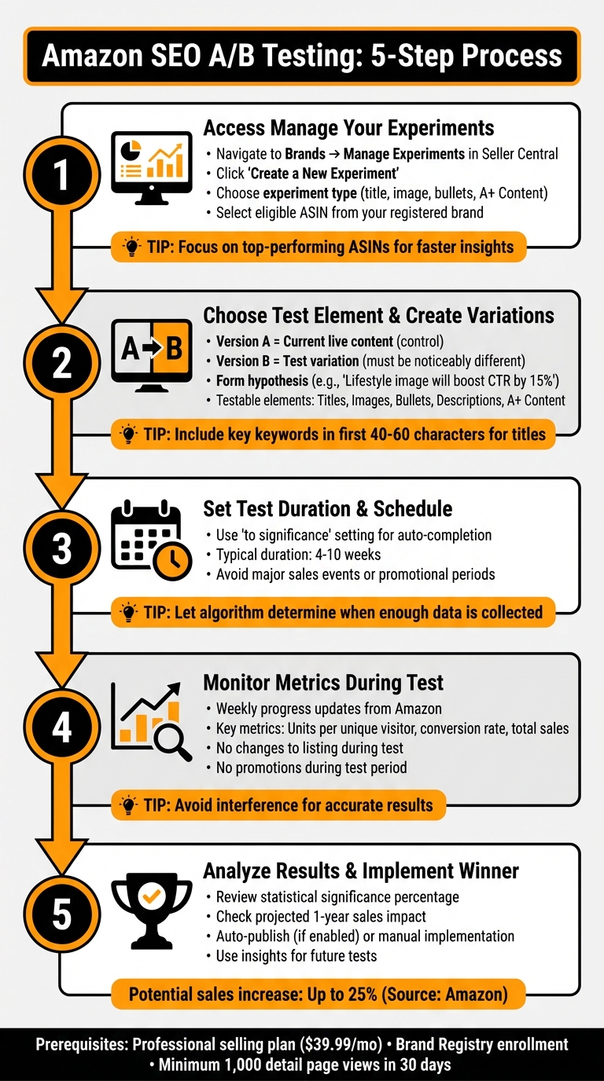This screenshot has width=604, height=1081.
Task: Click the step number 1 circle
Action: [62, 174]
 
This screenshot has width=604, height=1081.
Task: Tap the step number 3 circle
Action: [62, 549]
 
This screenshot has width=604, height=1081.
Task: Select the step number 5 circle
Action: [62, 915]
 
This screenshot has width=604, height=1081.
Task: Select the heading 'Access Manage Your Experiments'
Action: [348, 128]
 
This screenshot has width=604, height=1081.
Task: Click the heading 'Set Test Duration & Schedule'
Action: [327, 508]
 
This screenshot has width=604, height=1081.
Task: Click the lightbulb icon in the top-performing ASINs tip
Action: [131, 247]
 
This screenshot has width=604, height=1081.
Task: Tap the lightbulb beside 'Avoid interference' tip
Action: [131, 805]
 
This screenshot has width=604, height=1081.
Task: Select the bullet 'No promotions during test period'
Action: [311, 767]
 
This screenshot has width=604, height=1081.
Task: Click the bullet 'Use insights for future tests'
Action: [296, 955]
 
